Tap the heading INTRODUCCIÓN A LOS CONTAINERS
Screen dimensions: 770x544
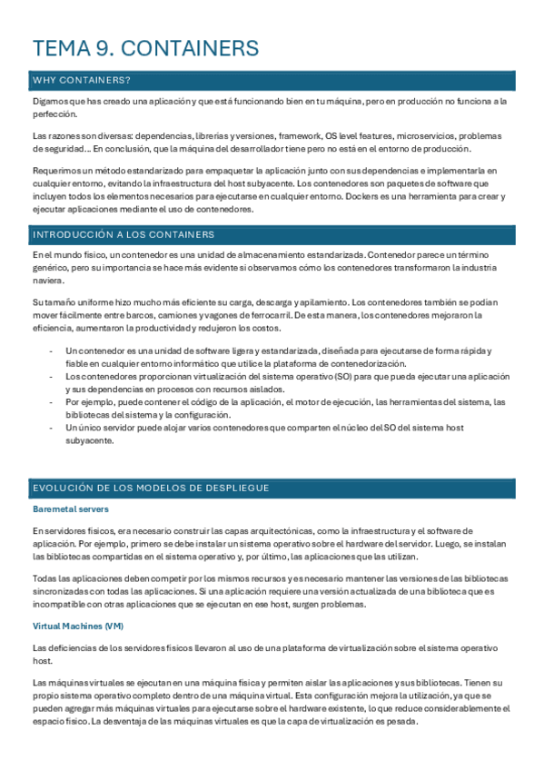point(123,234)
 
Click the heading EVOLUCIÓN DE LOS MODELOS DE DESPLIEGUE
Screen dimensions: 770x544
point(151,488)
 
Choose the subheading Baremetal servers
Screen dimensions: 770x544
point(70,509)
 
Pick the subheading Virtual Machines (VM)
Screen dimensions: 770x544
point(77,626)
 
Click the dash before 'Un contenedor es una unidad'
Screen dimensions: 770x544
point(51,350)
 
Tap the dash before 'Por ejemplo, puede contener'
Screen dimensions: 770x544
point(51,400)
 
